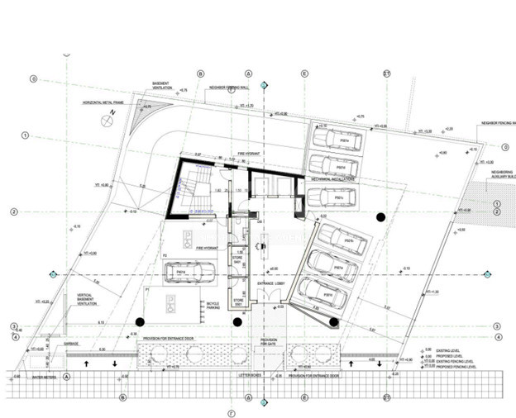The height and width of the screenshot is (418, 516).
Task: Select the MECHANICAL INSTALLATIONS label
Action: (x=333, y=178)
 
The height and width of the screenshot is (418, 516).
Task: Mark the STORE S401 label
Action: (x=237, y=260)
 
